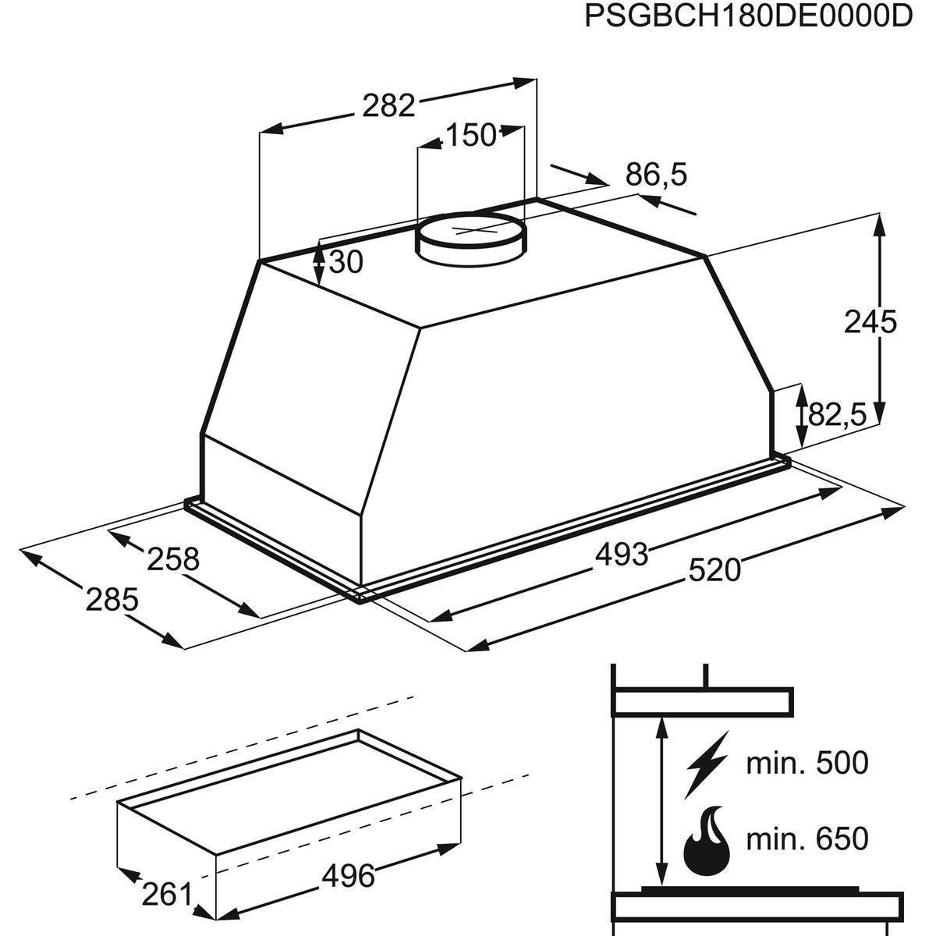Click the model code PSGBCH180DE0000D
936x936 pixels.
(749, 17)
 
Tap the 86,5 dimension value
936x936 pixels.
(656, 175)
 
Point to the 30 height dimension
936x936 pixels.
(346, 263)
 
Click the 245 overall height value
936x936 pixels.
(870, 321)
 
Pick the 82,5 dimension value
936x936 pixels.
(837, 415)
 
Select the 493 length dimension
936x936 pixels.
(621, 554)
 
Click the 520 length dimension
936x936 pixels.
(714, 570)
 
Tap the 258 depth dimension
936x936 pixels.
(174, 558)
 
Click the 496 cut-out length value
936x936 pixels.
(348, 876)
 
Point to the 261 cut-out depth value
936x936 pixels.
(166, 894)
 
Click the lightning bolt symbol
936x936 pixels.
(706, 762)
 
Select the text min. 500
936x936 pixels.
(807, 762)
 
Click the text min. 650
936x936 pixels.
(807, 839)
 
